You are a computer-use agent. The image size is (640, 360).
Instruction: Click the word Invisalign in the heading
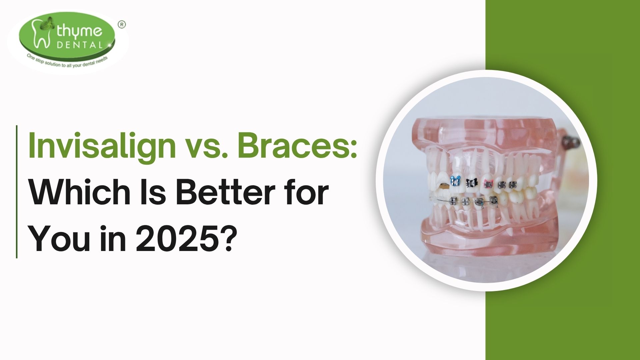tap(102, 147)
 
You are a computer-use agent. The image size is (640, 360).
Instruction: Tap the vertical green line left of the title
tap(17, 192)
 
